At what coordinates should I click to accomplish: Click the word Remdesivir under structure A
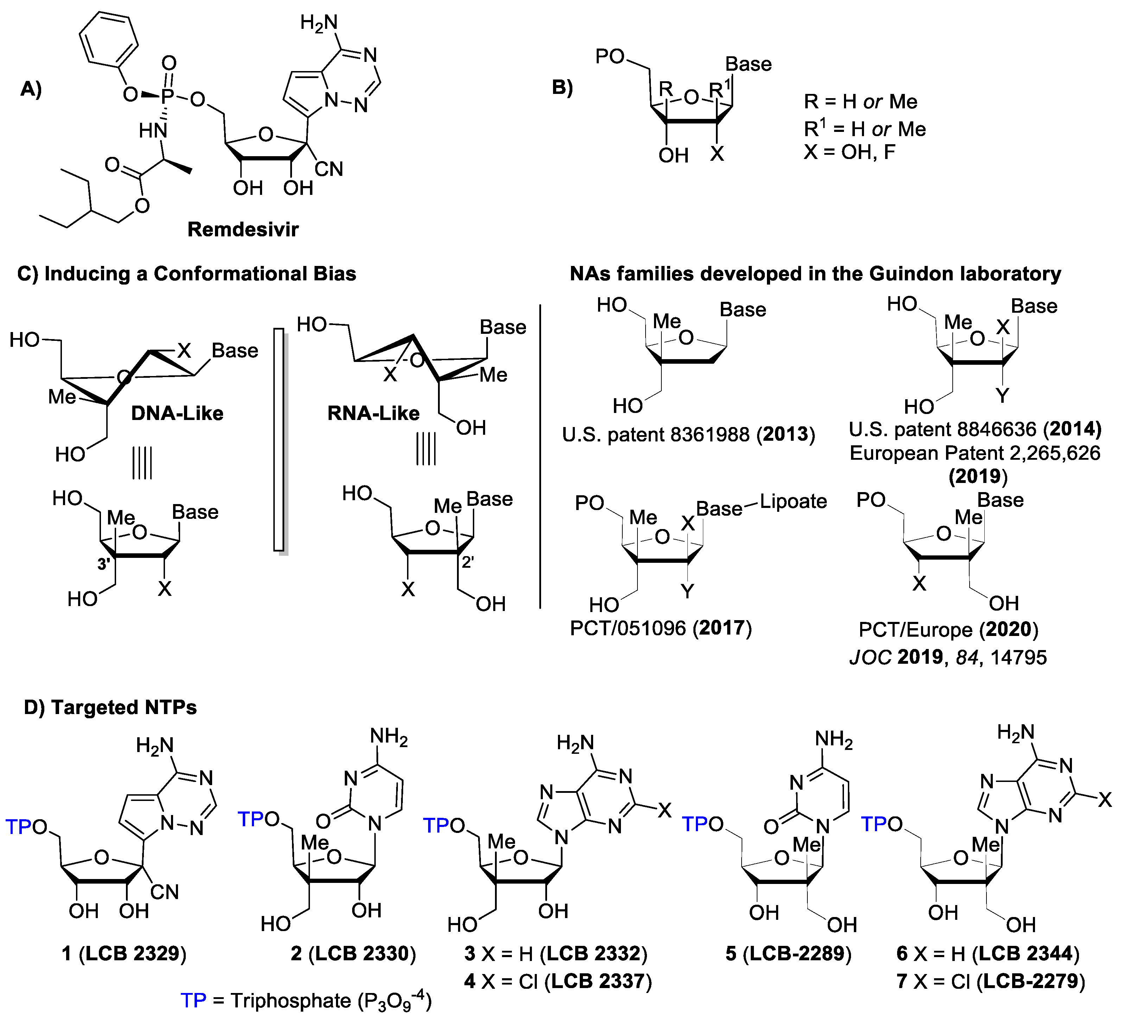pos(243,229)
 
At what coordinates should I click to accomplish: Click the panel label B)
pos(562,88)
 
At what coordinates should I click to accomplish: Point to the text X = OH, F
pos(849,152)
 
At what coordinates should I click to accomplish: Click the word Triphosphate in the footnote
pos(291,1000)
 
